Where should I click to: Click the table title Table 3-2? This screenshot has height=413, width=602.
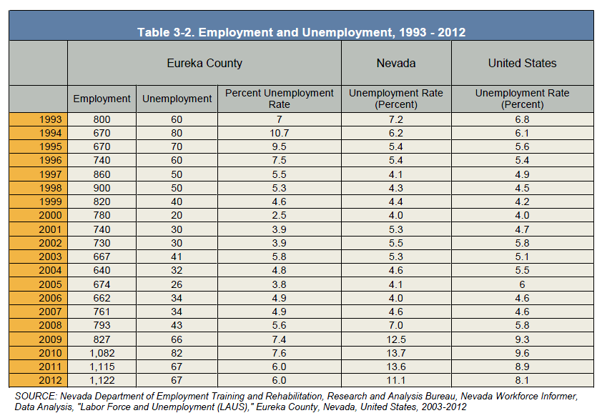302,32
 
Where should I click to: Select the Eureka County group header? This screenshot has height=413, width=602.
204,63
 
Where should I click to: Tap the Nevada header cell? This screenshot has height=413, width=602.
396,63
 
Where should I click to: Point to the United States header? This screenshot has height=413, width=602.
522,63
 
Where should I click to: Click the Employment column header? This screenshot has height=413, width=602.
102,99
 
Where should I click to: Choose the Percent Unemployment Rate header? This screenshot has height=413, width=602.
279,99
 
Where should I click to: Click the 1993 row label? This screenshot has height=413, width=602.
50,119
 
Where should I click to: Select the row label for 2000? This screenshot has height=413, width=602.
50,215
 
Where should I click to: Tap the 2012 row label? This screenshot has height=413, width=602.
50,380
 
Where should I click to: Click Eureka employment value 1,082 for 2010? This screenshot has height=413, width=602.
102,353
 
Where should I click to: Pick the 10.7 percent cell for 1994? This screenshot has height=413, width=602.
279,133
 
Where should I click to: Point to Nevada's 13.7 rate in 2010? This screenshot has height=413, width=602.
396,353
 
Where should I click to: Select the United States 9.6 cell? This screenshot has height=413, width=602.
522,353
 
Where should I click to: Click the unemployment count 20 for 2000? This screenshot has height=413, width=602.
177,215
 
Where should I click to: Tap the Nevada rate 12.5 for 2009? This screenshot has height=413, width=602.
396,339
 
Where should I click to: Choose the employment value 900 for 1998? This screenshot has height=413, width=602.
102,188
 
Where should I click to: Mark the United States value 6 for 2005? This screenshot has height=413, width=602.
522,284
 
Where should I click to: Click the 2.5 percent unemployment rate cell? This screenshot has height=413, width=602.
279,215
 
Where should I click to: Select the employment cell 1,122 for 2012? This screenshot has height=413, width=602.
102,380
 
